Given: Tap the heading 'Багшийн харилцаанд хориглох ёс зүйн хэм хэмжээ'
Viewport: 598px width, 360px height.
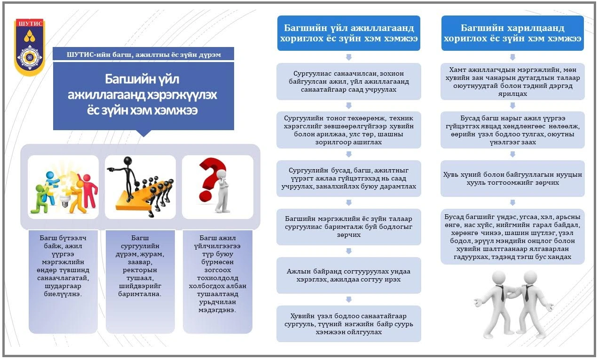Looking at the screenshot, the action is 512,33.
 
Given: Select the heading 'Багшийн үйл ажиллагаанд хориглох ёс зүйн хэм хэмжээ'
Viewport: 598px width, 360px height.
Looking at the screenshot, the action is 349,33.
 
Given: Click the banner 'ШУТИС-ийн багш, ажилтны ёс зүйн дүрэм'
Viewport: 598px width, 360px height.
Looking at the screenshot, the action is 143,54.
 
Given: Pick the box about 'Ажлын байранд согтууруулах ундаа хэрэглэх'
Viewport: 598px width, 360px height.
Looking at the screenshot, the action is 349,275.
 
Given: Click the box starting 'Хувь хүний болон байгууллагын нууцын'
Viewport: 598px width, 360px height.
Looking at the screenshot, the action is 512,179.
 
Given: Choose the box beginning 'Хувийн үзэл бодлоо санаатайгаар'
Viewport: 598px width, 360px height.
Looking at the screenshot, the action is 349,324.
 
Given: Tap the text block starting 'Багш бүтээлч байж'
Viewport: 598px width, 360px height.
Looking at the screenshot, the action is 63,266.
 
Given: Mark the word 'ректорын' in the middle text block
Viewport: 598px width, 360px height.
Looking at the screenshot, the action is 140,270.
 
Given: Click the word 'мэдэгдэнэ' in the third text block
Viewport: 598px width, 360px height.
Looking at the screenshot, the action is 217,310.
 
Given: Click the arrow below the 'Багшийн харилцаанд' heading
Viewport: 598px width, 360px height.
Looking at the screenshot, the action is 512,57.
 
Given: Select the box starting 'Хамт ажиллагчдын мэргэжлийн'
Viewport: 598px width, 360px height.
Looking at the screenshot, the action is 512,81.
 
